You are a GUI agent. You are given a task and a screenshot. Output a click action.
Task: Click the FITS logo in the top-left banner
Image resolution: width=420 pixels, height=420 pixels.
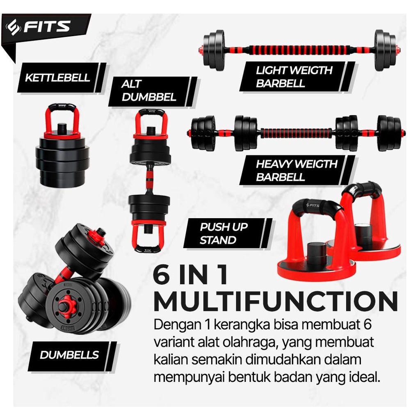38,27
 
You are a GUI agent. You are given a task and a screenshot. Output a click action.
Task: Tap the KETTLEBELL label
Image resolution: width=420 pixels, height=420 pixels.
57,78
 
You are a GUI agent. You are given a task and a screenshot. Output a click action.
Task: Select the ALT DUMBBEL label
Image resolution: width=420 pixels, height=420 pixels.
149,91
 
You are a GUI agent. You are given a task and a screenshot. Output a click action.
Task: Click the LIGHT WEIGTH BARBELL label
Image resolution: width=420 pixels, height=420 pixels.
294,77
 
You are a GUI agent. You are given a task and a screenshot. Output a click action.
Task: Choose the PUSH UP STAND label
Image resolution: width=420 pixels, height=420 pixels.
224,233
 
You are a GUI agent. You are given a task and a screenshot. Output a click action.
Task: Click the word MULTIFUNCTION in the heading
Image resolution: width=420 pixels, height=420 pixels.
276,301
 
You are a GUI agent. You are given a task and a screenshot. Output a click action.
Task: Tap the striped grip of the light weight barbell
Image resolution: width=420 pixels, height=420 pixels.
299,50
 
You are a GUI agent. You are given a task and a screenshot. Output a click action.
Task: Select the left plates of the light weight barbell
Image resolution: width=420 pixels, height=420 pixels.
214,50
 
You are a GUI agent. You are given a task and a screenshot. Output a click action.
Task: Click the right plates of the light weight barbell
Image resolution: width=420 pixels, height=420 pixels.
385,50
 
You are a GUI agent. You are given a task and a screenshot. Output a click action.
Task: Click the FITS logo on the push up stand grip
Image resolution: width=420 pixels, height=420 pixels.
313,205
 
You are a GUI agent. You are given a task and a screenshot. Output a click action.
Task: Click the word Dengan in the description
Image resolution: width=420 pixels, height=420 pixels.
178,325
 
